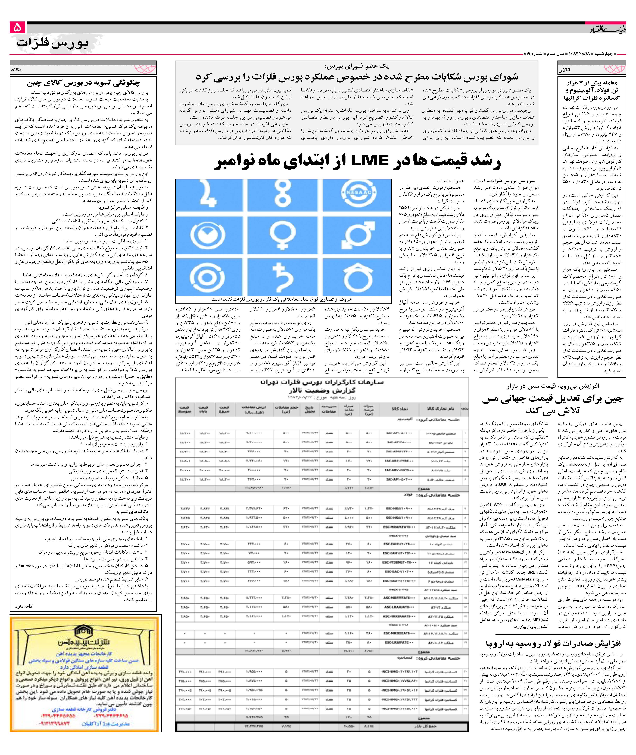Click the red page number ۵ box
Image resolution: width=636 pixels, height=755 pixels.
point(17,27)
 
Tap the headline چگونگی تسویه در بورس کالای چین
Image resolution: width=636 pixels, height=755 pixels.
point(83,83)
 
